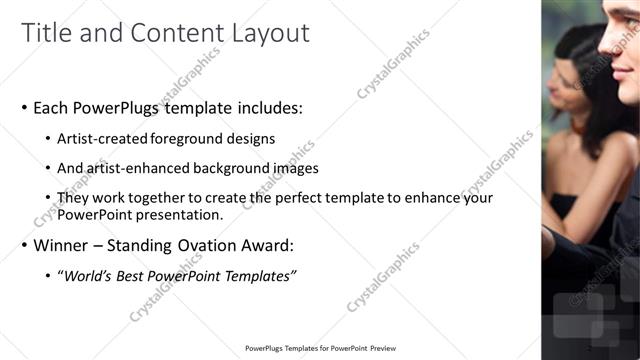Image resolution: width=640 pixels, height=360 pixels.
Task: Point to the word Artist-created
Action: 105,139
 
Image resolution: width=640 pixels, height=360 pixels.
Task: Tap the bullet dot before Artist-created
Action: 49,140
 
